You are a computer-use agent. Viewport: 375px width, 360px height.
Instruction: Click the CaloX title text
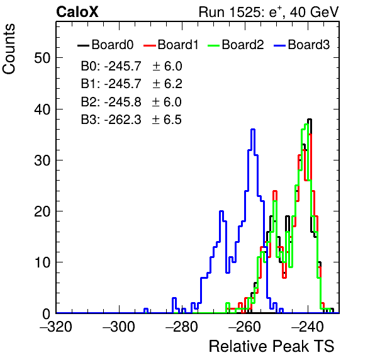pyautogui.click(x=77, y=12)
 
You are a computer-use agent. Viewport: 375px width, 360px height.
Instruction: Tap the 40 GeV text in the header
pyautogui.click(x=314, y=12)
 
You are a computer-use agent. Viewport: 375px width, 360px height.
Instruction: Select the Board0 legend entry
pyautogui.click(x=105, y=45)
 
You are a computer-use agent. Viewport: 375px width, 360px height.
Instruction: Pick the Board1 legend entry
pyautogui.click(x=171, y=45)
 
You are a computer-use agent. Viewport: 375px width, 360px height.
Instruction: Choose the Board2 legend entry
pyautogui.click(x=235, y=45)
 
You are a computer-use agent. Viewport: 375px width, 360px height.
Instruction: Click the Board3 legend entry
pyautogui.click(x=301, y=45)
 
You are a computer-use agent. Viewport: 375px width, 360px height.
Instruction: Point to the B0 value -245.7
pyautogui.click(x=123, y=66)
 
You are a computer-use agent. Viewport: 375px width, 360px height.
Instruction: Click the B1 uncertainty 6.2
pyautogui.click(x=173, y=84)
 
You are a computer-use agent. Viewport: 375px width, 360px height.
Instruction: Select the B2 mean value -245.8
pyautogui.click(x=123, y=102)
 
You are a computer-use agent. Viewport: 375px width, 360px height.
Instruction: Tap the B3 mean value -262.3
pyautogui.click(x=123, y=120)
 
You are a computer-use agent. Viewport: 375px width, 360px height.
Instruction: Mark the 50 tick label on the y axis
pyautogui.click(x=42, y=58)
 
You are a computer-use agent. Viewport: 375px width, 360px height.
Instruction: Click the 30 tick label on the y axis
pyautogui.click(x=42, y=160)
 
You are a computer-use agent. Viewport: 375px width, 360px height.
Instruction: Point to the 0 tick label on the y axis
pyautogui.click(x=46, y=314)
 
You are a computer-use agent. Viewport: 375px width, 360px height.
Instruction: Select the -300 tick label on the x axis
pyautogui.click(x=119, y=327)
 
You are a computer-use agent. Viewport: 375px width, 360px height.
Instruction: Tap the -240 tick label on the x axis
pyautogui.click(x=308, y=327)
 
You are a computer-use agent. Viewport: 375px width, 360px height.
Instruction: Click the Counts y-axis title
pyautogui.click(x=9, y=49)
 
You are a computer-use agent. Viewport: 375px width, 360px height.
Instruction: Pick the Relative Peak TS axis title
pyautogui.click(x=271, y=346)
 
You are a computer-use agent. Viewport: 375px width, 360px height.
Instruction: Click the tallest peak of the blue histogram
pyautogui.click(x=253, y=130)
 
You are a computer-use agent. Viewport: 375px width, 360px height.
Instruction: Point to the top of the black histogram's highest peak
pyautogui.click(x=310, y=119)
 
